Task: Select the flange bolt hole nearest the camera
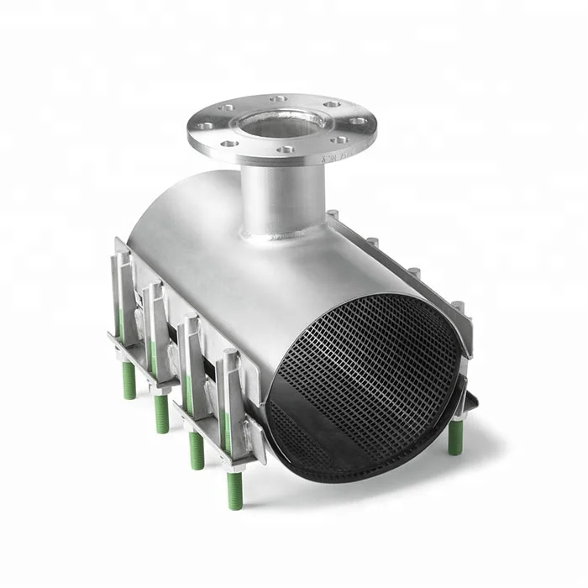[x=286, y=150]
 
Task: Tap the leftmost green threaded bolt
[x=129, y=379]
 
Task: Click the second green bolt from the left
[x=161, y=412]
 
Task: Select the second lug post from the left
[x=153, y=290]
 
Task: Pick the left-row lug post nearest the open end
[x=229, y=357]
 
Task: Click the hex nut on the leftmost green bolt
[x=127, y=353]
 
